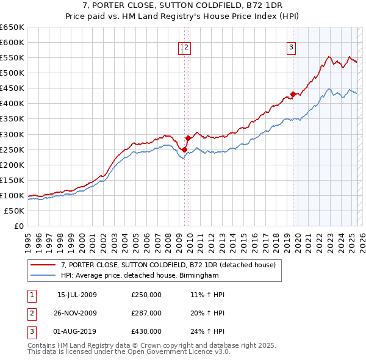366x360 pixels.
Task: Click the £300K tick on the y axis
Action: point(13,134)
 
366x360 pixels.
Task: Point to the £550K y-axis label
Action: point(13,57)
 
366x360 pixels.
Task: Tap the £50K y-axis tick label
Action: point(15,211)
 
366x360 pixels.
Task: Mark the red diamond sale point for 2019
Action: point(293,94)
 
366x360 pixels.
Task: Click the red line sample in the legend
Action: point(43,265)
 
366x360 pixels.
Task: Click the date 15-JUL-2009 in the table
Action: point(77,295)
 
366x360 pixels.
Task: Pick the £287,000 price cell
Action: point(146,313)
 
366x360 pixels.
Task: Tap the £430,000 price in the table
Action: point(146,331)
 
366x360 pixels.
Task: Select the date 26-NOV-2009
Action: point(77,313)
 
